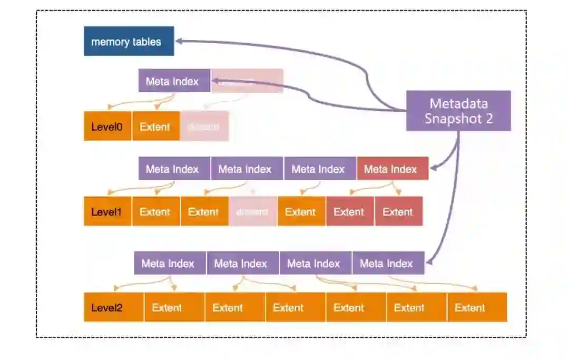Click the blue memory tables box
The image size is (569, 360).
[129, 41]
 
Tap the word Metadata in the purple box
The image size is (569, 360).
[458, 103]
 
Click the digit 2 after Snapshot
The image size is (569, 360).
[488, 119]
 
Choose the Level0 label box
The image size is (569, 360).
[107, 127]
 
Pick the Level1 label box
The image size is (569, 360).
[107, 212]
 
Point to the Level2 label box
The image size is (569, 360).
[113, 308]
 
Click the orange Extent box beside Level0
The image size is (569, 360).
[155, 127]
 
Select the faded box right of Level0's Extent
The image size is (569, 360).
[204, 127]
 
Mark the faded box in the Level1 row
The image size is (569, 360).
[252, 212]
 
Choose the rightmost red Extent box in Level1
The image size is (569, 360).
[398, 212]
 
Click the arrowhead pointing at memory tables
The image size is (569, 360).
[179, 41]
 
